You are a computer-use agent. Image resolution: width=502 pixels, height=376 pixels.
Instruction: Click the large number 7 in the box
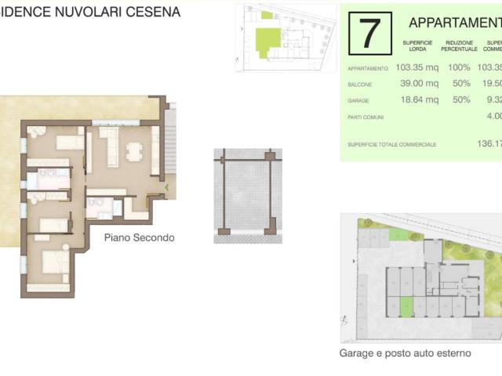tap(368, 34)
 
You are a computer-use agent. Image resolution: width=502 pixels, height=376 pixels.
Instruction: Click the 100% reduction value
tap(459, 67)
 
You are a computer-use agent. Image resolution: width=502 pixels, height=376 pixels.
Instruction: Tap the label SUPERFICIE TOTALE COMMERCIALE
tap(392, 144)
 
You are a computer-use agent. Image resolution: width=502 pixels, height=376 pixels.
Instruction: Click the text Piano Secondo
tap(139, 237)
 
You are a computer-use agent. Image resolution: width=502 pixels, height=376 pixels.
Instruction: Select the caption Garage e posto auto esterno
tap(405, 353)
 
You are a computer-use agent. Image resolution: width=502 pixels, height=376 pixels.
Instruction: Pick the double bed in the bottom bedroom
tap(53, 262)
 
